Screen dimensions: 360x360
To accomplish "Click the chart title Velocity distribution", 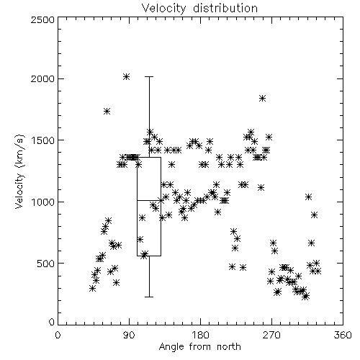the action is (x=199, y=9).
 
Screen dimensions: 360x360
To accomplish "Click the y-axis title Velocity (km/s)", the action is (x=19, y=171).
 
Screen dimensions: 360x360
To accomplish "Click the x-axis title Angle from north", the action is (x=199, y=347).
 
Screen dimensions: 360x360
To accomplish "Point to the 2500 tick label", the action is (x=42, y=19).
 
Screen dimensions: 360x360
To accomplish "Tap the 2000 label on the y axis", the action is (x=42, y=78).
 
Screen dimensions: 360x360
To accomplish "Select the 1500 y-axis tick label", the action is (x=42, y=140).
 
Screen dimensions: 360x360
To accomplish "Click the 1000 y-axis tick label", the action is (x=42, y=202).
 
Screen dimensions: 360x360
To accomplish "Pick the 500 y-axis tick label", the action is (x=45, y=263).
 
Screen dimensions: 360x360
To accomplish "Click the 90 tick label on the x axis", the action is (x=129, y=335).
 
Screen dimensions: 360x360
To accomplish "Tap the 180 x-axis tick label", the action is (x=200, y=335).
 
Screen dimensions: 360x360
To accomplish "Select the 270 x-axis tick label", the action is (x=271, y=335).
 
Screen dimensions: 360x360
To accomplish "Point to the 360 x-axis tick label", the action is (x=343, y=335).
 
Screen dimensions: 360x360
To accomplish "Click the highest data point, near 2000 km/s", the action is (x=127, y=77).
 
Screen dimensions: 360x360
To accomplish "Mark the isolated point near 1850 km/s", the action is (x=263, y=98).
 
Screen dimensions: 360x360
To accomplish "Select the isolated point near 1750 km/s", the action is (x=107, y=111).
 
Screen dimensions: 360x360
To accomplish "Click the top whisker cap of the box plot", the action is (x=149, y=77).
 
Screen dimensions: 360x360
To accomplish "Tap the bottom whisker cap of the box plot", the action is (x=149, y=297).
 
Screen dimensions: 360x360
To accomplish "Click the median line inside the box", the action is (x=149, y=200).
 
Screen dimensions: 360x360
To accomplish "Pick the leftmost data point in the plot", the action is (x=93, y=289).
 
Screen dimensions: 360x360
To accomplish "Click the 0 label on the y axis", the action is (x=52, y=322).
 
